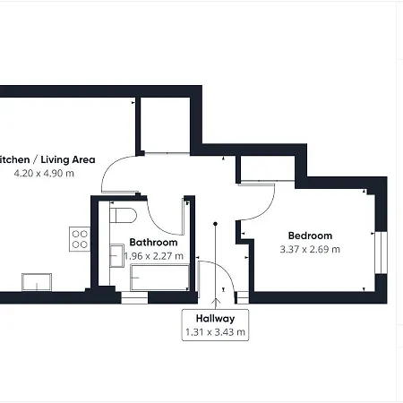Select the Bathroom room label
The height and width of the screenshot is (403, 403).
click(153, 242)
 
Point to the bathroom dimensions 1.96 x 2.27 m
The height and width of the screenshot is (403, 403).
click(153, 256)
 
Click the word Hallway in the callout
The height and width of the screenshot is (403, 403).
click(215, 318)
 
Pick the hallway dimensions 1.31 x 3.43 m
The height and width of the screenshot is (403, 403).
click(215, 332)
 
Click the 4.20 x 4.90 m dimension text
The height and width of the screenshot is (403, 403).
click(43, 173)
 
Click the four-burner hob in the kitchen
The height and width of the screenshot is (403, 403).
click(80, 239)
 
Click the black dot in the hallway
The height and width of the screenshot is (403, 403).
click(215, 223)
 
